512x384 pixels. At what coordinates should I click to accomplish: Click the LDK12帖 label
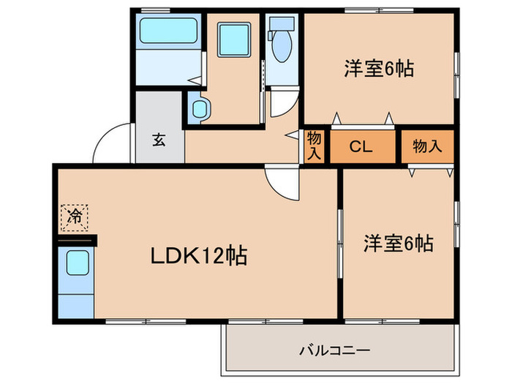(x=197, y=256)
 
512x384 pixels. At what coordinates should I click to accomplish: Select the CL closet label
(x=360, y=146)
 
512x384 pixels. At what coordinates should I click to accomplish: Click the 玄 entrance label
(x=159, y=140)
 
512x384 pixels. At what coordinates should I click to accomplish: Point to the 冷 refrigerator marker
(x=74, y=216)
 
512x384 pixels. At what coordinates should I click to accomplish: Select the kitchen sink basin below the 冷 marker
(x=76, y=262)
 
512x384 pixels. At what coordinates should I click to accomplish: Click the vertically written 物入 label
(x=314, y=146)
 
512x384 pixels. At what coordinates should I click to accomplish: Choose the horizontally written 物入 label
(x=427, y=146)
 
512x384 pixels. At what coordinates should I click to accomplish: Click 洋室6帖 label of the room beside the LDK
(x=398, y=244)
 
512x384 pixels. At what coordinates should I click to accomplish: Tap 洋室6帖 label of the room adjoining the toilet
(x=379, y=69)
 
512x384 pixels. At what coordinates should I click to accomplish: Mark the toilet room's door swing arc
(x=282, y=105)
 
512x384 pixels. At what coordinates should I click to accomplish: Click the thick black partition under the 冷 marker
(x=76, y=238)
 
